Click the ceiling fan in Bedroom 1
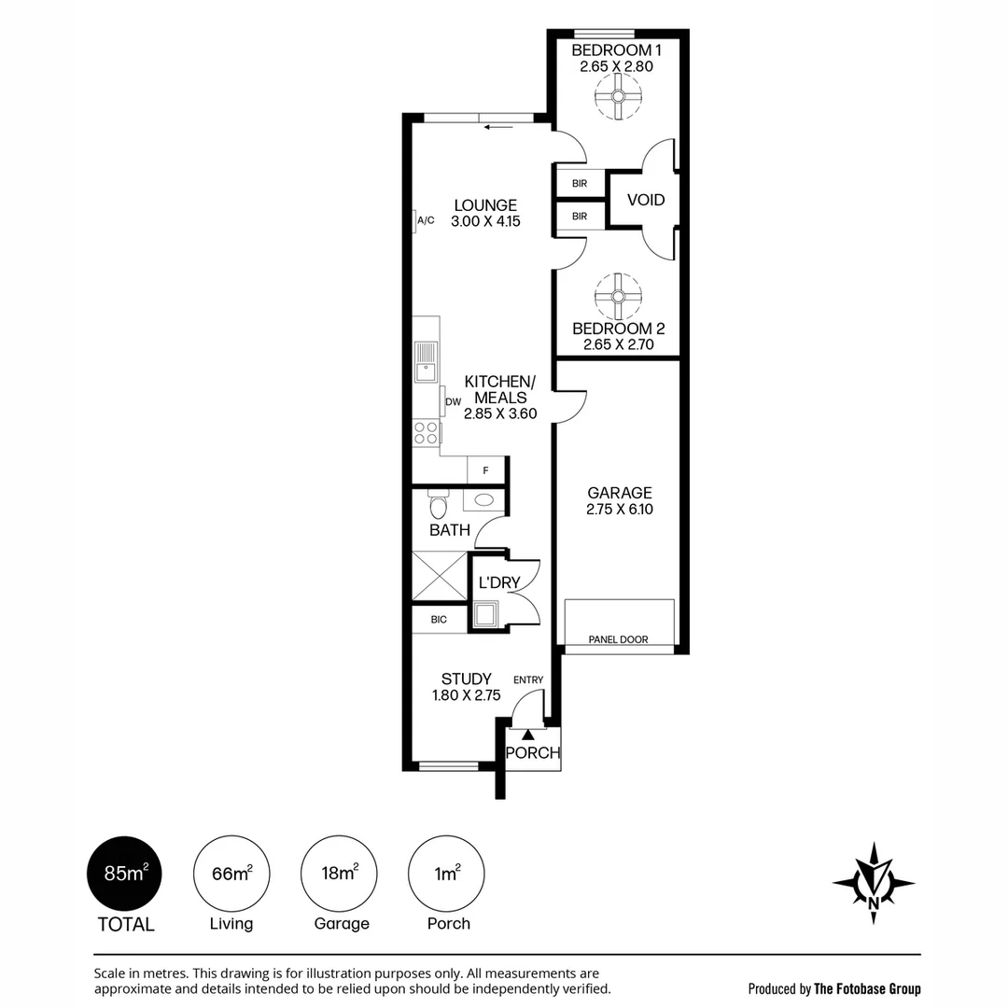pos(618,96)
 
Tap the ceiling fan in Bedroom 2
pos(618,297)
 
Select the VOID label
pos(646,200)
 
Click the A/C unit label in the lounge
pos(427,220)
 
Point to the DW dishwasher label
pos(454,401)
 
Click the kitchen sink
pos(426,362)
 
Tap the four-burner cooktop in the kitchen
pos(426,433)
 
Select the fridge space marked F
pos(485,470)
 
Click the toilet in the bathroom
pos(439,504)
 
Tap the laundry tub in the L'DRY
pos(485,614)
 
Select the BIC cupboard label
pos(439,620)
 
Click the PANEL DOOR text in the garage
pos(619,639)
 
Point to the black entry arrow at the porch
pos(527,735)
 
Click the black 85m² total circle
pos(125,874)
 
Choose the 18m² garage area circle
pos(339,874)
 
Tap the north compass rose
pos(874,883)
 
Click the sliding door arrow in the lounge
pos(498,127)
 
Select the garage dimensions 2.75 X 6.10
pos(619,510)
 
